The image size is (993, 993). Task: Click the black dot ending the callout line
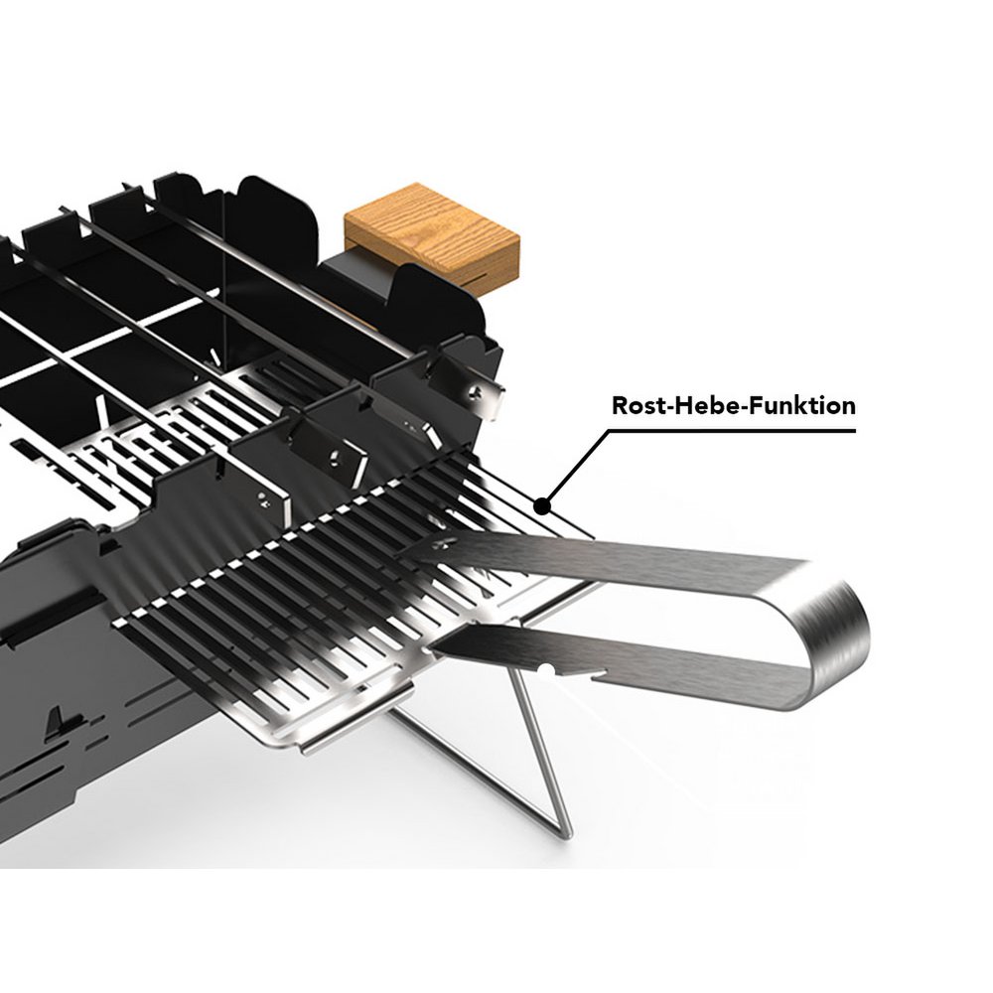[542, 506]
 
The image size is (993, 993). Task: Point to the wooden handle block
[432, 233]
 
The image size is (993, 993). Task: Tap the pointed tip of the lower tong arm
[431, 648]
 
